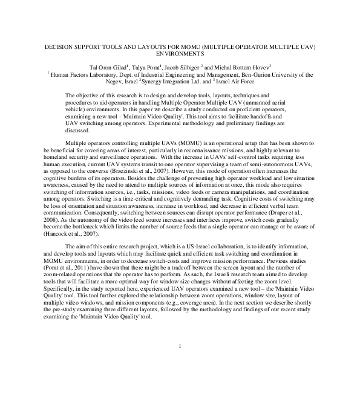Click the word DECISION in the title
click(61, 47)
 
